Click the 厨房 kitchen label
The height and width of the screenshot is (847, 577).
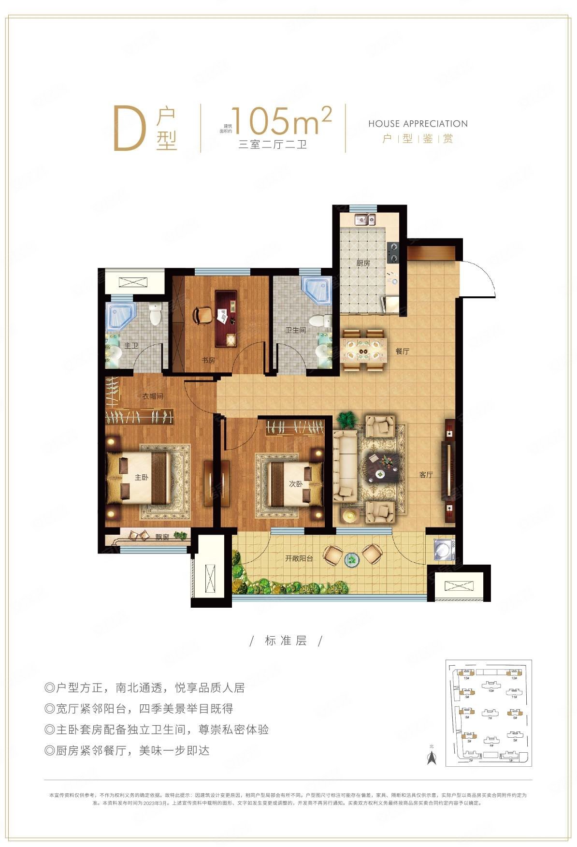pyautogui.click(x=363, y=263)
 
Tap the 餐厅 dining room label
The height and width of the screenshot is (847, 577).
pyautogui.click(x=403, y=351)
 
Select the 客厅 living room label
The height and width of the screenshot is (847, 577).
pyautogui.click(x=426, y=475)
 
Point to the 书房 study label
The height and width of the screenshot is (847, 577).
pyautogui.click(x=208, y=360)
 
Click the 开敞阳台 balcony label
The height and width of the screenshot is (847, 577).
pyautogui.click(x=299, y=558)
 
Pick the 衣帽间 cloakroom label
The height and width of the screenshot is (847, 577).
pyautogui.click(x=153, y=396)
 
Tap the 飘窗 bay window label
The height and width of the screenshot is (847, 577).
pyautogui.click(x=162, y=538)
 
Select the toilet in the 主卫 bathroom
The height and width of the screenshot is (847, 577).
pyautogui.click(x=156, y=315)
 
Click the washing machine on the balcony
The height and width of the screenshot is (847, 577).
pyautogui.click(x=444, y=550)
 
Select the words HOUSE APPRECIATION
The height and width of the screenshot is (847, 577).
pyautogui.click(x=418, y=124)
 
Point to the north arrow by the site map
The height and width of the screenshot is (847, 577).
pyautogui.click(x=432, y=758)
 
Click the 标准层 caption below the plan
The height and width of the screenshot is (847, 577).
pyautogui.click(x=286, y=641)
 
